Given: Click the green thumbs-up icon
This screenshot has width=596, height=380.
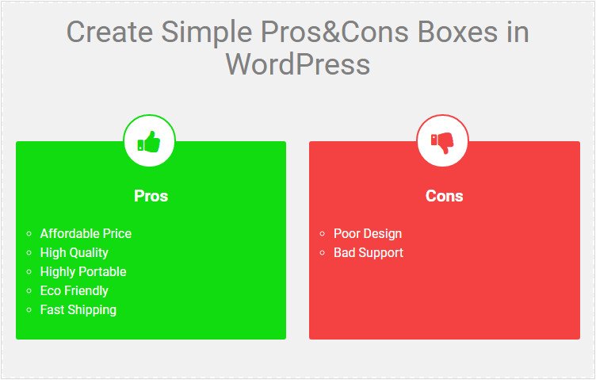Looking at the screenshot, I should click(149, 143).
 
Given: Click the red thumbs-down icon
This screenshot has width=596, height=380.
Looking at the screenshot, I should click(442, 143).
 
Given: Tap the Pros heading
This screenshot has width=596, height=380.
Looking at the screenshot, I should click(151, 196).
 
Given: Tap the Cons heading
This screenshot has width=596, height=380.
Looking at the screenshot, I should click(444, 196).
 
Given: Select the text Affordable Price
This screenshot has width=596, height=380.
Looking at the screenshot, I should click(86, 233).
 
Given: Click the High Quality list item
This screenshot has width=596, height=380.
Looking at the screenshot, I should click(74, 252).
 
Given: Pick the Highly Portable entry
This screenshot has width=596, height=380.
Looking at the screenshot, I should click(83, 271).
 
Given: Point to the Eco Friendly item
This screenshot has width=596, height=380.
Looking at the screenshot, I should click(74, 290).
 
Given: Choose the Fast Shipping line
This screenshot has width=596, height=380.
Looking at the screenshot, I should click(78, 309).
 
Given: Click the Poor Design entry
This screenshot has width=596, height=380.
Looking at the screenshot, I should click(368, 233).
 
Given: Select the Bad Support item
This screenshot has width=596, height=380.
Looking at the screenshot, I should click(369, 252).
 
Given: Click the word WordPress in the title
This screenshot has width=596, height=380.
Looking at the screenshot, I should click(298, 63).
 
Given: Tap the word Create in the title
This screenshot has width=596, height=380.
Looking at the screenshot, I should click(109, 33).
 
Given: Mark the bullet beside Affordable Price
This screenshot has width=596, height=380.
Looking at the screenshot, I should click(29, 234).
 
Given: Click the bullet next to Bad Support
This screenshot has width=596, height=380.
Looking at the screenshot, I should click(323, 253).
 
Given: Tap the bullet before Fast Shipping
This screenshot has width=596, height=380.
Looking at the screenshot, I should click(29, 310).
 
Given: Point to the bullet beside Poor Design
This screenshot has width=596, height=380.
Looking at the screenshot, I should click(323, 234).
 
